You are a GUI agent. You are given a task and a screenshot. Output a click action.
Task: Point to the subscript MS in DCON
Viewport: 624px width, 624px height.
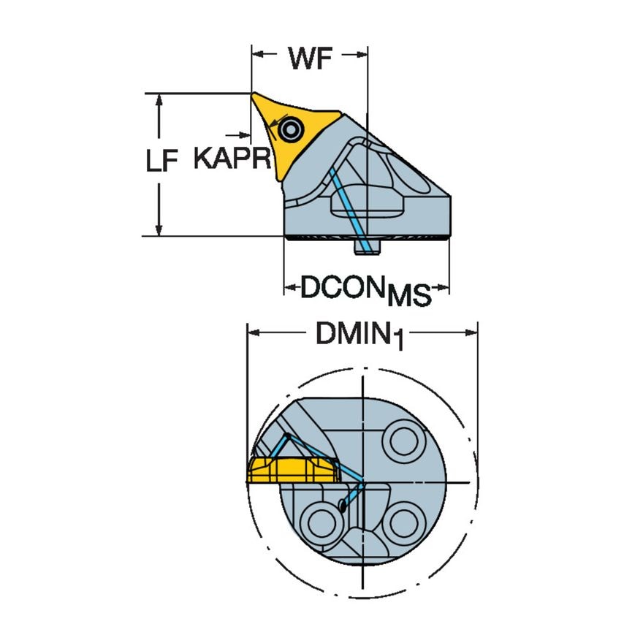pyautogui.click(x=408, y=296)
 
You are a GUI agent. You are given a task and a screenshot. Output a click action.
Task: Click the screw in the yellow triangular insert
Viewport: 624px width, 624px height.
pyautogui.click(x=291, y=131)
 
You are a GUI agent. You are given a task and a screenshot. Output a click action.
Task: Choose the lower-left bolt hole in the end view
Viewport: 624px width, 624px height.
pyautogui.click(x=320, y=522)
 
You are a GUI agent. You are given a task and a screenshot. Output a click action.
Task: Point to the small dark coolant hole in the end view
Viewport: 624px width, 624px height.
pyautogui.click(x=343, y=505)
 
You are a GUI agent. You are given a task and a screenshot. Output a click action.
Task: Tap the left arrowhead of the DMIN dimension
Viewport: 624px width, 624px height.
pyautogui.click(x=253, y=332)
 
